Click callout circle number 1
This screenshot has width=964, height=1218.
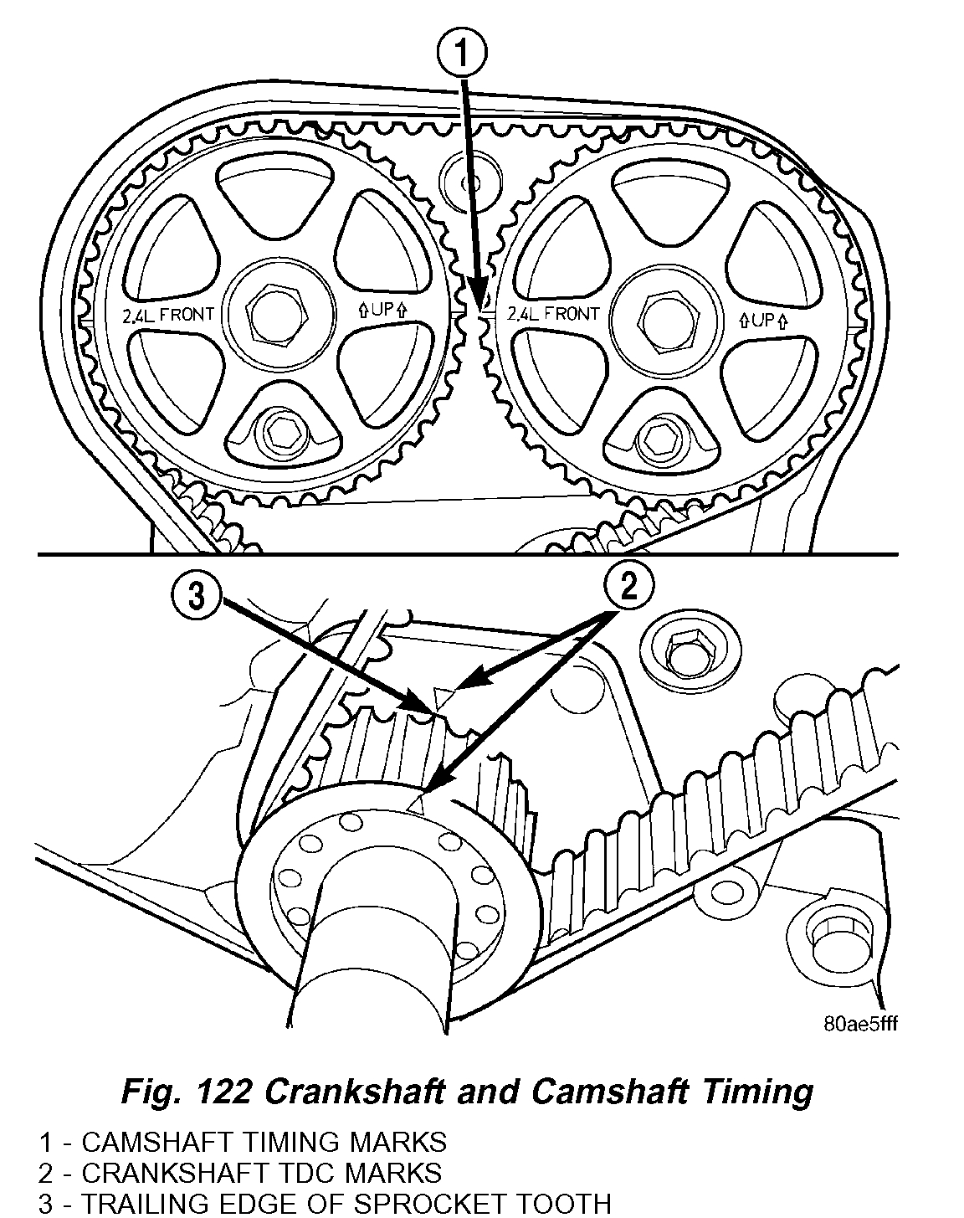(x=461, y=57)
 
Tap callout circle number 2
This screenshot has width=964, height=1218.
(x=627, y=586)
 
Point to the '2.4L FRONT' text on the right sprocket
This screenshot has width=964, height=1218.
(x=552, y=315)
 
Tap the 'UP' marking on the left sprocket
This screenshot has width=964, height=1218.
(x=383, y=309)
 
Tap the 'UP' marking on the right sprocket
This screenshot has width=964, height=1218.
(x=763, y=320)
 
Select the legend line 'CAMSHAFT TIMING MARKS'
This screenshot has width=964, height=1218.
(x=264, y=1142)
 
